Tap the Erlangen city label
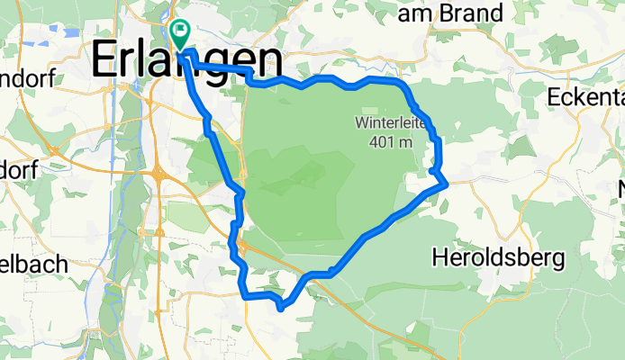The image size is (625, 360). click(x=186, y=61)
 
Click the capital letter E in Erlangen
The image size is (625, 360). click(x=105, y=61)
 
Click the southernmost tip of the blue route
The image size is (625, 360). click(x=282, y=308)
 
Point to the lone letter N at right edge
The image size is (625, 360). click(x=620, y=190)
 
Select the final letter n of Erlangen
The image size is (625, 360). click(x=265, y=61)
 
